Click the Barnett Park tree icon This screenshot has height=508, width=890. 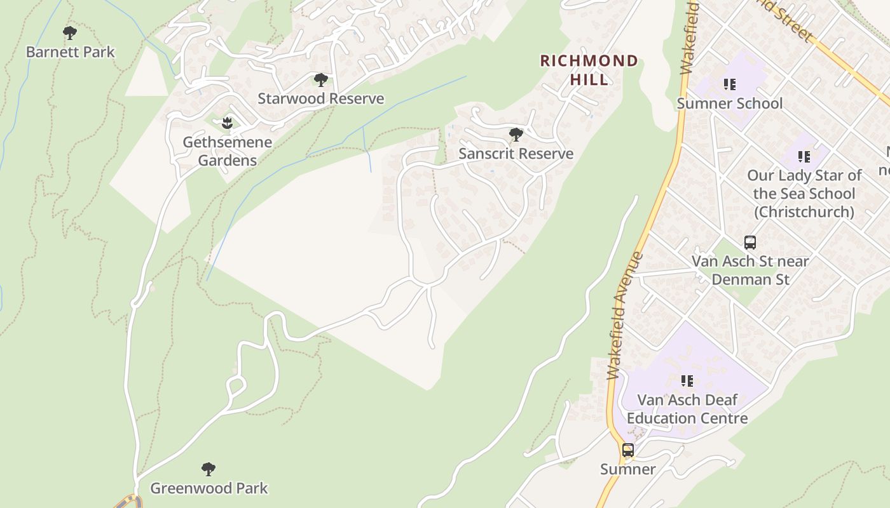point(70,32)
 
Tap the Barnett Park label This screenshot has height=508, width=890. point(70,52)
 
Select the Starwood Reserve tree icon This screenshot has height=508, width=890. point(321,79)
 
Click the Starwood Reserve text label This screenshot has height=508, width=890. point(321,98)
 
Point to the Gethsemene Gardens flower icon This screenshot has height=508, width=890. point(227,123)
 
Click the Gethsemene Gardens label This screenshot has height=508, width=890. point(227,151)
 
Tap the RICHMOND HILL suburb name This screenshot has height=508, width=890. point(589,70)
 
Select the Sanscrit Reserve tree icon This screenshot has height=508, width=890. point(516,135)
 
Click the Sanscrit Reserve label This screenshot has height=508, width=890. point(516,154)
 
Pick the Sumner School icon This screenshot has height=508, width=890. point(729,84)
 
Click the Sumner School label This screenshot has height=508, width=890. point(729,103)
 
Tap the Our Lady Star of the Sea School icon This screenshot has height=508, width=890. point(804,156)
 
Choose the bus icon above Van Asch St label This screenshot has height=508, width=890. point(750,243)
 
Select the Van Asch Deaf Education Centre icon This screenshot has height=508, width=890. point(687,381)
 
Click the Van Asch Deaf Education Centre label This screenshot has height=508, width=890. point(687,409)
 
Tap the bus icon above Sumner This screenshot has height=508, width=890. point(628,450)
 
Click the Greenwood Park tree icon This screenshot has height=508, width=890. point(209,469)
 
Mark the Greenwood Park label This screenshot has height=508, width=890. point(209,488)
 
